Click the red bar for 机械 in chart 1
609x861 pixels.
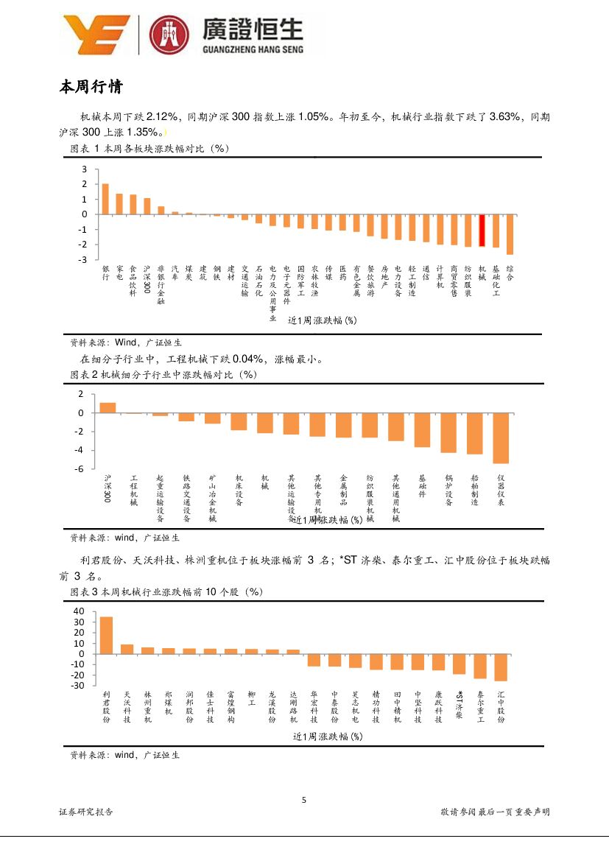tap(482, 231)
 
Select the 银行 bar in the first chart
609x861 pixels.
tap(105, 199)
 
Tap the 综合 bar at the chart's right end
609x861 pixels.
tap(510, 234)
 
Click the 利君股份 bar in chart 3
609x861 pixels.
tap(106, 635)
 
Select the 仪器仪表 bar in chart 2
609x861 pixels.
tap(501, 438)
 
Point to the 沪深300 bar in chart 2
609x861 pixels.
tap(108, 408)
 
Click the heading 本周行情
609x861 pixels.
tap(91, 88)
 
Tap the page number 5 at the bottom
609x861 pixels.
tap(304, 801)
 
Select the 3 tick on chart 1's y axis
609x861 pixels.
tap(85, 169)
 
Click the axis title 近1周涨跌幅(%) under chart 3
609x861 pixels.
tap(327, 736)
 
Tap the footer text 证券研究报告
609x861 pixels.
tap(86, 812)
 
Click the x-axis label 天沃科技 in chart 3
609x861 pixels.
tap(127, 707)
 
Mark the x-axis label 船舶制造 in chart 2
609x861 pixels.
tap(475, 490)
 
